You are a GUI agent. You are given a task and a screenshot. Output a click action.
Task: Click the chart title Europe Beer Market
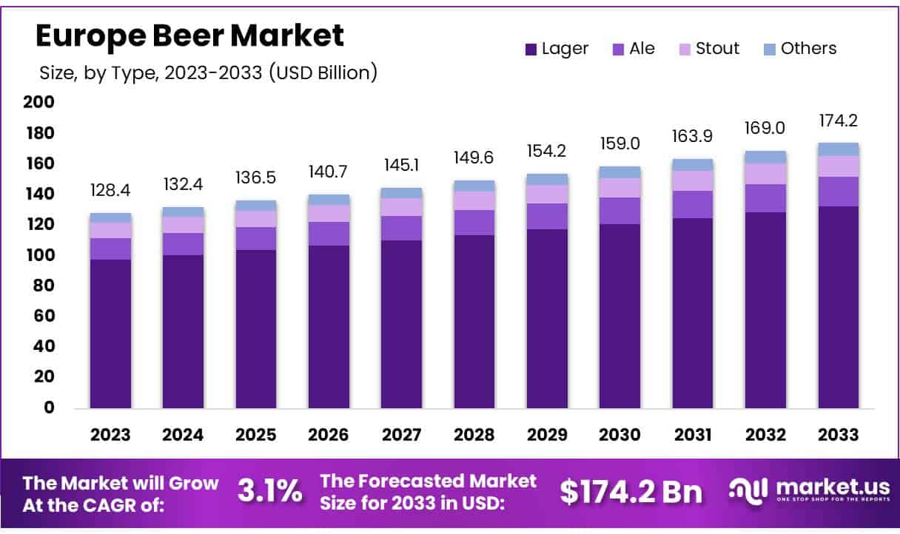click(x=189, y=36)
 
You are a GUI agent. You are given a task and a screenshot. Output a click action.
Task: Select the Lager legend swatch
click(x=531, y=50)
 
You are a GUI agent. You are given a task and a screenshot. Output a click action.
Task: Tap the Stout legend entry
click(x=708, y=49)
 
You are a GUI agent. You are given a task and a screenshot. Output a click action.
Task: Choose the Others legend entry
click(x=799, y=49)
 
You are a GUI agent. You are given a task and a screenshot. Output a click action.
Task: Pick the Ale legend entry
click(x=633, y=49)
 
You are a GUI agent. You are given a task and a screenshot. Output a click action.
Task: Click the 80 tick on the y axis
click(x=43, y=285)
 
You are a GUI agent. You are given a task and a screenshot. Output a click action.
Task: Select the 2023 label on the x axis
click(x=110, y=435)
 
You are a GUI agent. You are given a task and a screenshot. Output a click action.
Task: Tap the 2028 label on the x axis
click(x=474, y=435)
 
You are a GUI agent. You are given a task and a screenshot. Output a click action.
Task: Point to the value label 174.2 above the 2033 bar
click(x=838, y=121)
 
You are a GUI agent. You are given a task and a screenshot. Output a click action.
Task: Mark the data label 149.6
click(x=474, y=158)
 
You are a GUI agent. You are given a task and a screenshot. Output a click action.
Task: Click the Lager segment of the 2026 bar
click(x=329, y=325)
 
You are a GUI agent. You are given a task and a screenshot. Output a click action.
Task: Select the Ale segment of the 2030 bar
click(x=620, y=211)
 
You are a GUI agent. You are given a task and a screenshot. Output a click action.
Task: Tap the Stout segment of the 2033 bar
click(x=838, y=166)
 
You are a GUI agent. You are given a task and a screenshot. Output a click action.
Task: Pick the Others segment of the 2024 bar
click(x=183, y=212)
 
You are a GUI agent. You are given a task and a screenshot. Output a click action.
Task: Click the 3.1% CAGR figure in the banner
click(x=269, y=490)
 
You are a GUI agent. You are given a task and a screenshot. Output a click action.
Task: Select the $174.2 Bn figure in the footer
click(x=631, y=491)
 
